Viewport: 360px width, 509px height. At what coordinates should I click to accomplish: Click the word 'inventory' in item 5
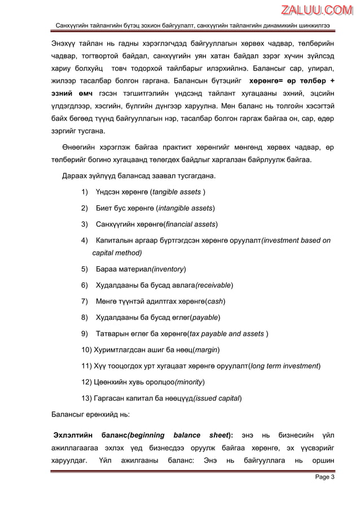coord(168,269)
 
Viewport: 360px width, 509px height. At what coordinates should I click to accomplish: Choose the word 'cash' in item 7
coord(215,301)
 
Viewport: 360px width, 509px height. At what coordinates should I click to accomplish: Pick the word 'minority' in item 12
coord(190,382)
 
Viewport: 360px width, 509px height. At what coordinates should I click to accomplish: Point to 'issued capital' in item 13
coord(217,398)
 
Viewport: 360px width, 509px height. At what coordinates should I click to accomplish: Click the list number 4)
coord(85,240)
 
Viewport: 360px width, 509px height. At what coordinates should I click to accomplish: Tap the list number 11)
coord(87,366)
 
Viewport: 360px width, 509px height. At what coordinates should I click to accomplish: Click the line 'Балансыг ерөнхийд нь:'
coord(90,414)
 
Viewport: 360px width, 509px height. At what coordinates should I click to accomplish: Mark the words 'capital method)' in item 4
coord(117,253)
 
